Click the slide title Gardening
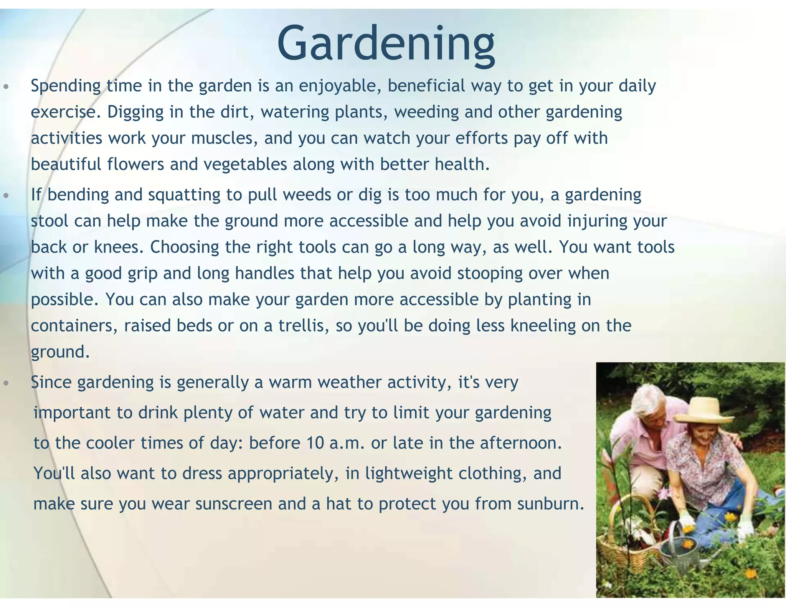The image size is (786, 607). [x=386, y=43]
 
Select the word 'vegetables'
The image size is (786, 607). [x=245, y=164]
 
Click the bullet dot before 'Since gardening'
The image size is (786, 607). [x=6, y=383]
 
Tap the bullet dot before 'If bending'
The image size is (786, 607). [x=6, y=196]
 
